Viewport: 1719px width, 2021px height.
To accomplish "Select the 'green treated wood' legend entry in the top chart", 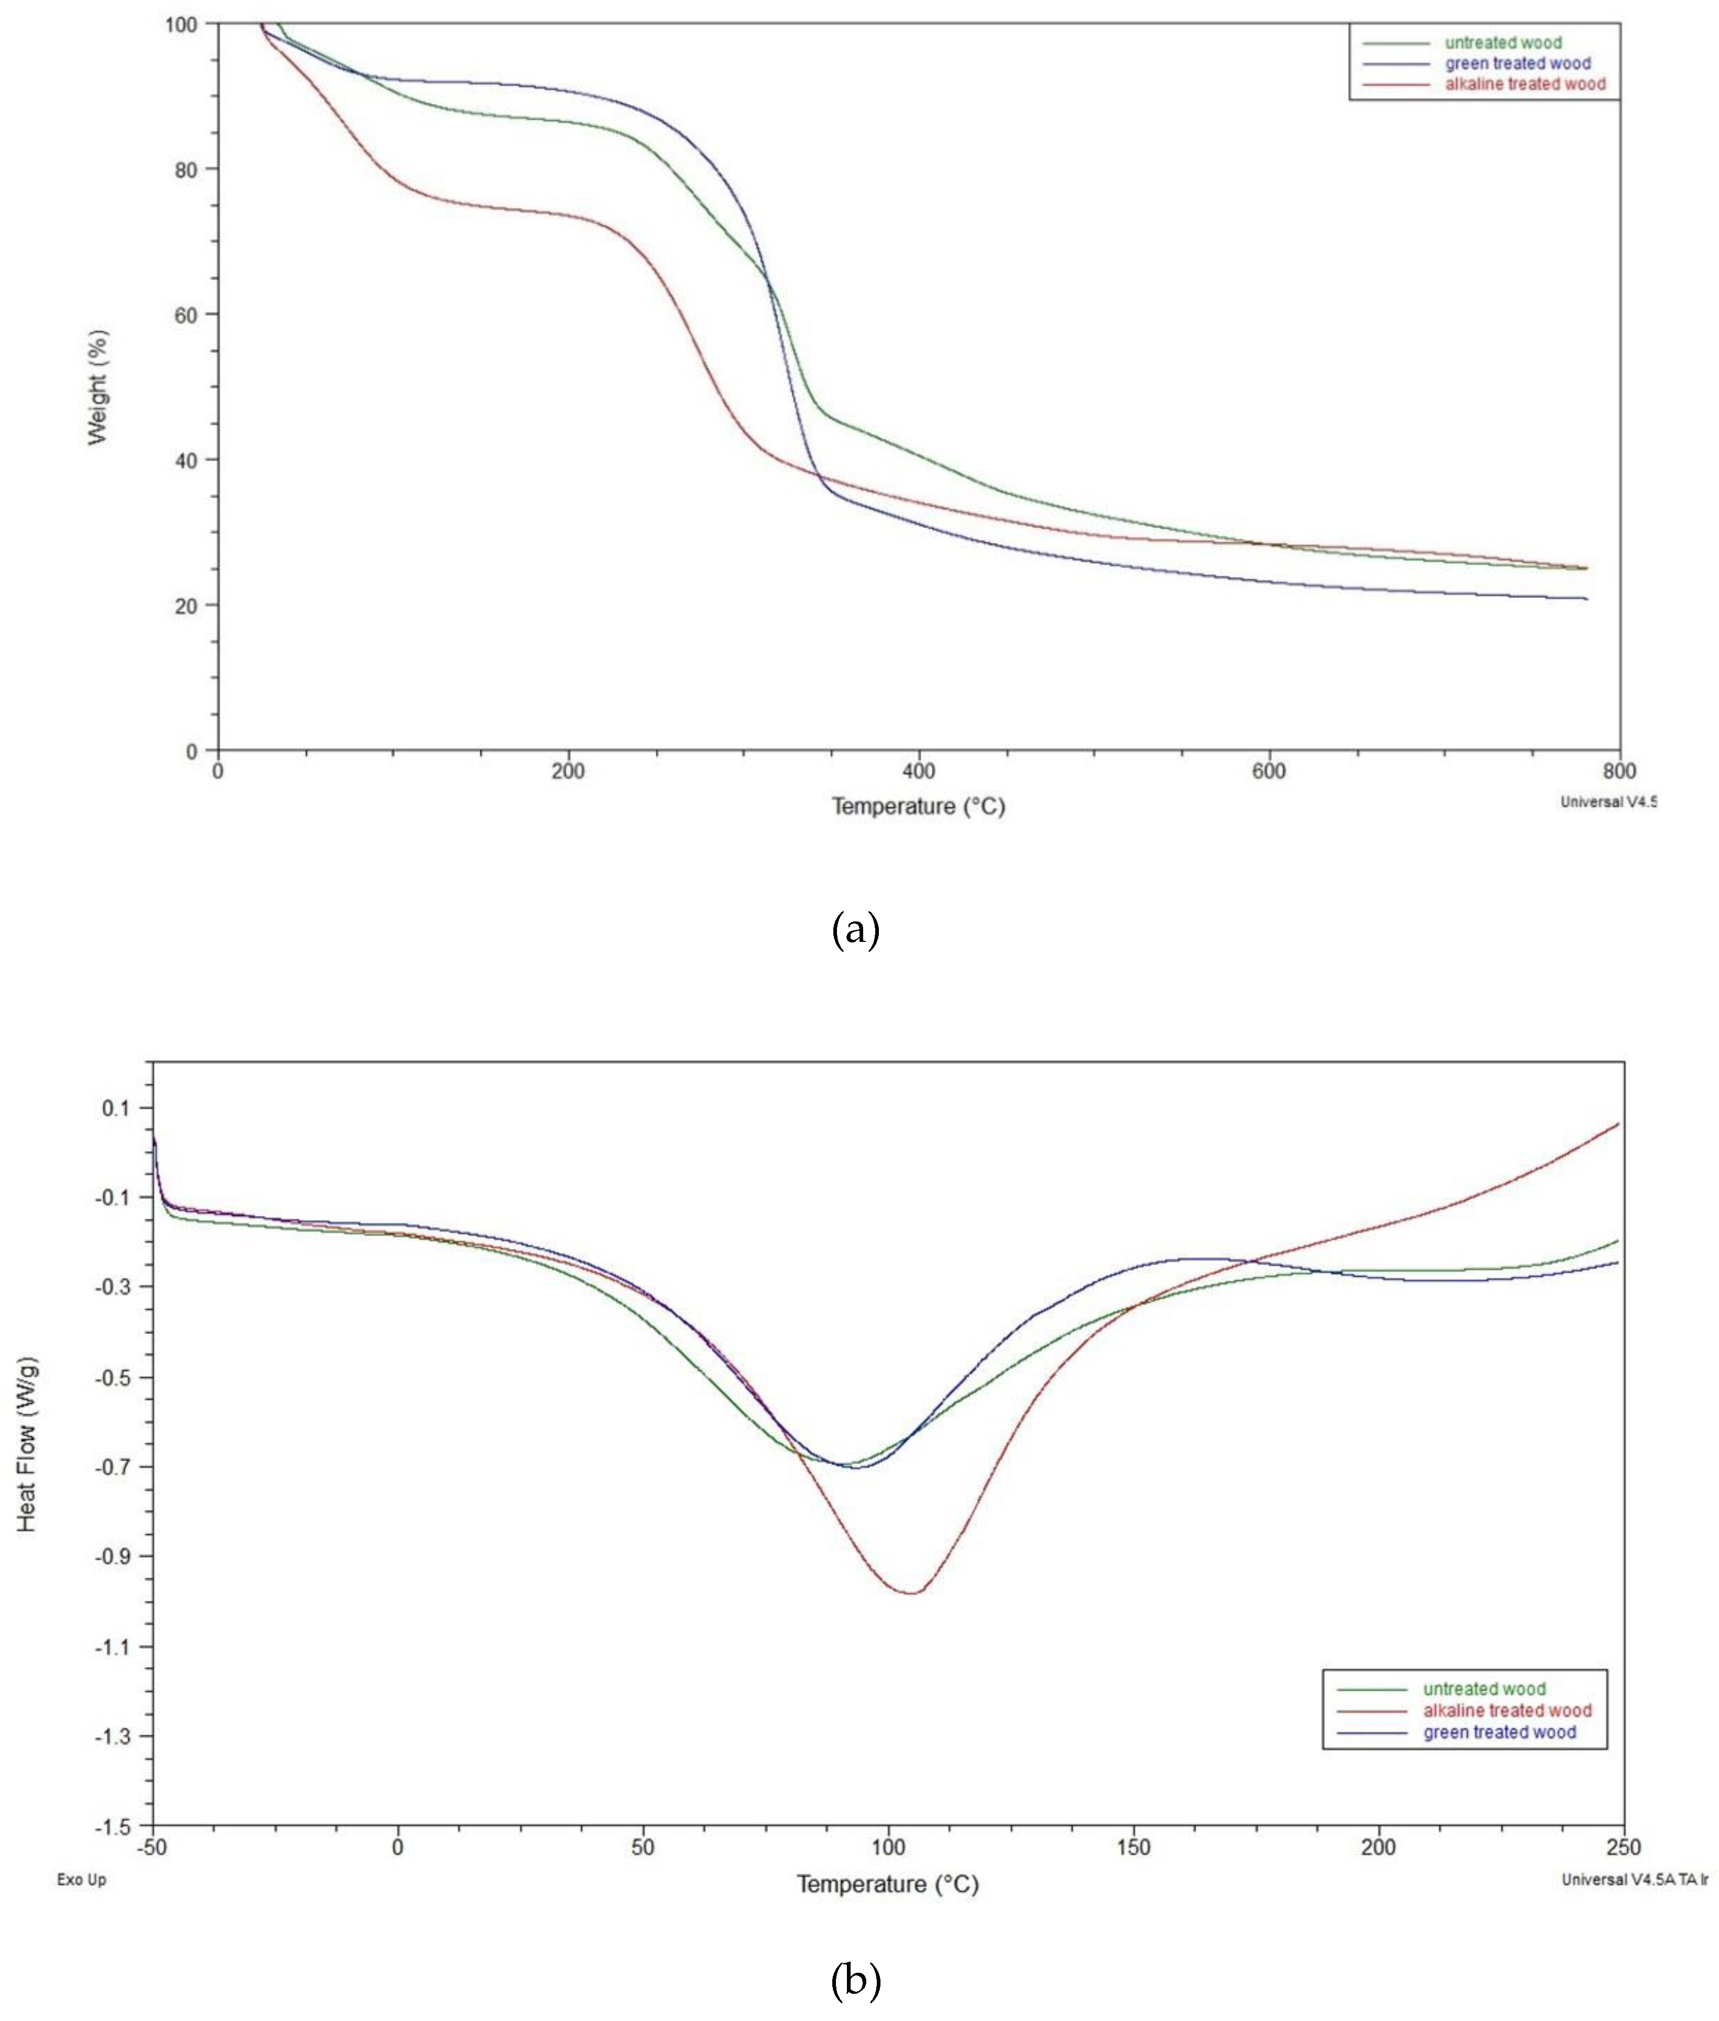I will (1517, 63).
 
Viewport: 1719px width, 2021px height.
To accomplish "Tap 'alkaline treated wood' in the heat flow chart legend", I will (1506, 1710).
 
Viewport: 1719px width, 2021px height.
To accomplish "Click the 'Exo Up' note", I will (82, 1880).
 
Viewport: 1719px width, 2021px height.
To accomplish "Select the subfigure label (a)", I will (856, 930).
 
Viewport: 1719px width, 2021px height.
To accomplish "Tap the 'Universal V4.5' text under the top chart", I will (1608, 803).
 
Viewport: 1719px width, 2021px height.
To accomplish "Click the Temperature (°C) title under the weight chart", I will (918, 806).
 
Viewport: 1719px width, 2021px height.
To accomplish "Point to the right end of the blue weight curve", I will (1586, 598).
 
